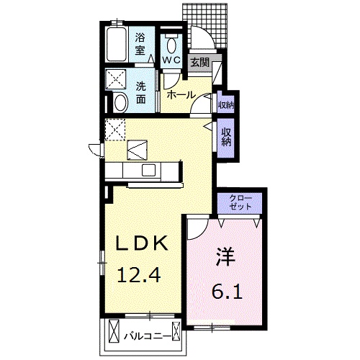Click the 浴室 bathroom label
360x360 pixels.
tap(140, 44)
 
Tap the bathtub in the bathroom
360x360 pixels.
tap(117, 45)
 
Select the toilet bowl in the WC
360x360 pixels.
tap(171, 44)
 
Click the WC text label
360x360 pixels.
tap(171, 60)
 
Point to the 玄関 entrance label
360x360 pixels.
tap(200, 63)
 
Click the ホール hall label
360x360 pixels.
tap(181, 95)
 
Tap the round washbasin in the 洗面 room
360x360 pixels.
tap(120, 103)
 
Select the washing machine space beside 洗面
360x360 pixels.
tap(116, 79)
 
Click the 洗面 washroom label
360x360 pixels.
tap(141, 93)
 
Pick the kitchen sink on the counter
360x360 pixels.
tap(149, 170)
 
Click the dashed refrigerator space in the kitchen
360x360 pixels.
tap(115, 130)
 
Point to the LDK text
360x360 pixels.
tap(142, 243)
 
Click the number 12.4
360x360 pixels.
tap(139, 275)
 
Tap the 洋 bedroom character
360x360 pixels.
tap(225, 256)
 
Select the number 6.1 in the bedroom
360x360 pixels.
tap(227, 291)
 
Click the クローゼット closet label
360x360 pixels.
tap(240, 202)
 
